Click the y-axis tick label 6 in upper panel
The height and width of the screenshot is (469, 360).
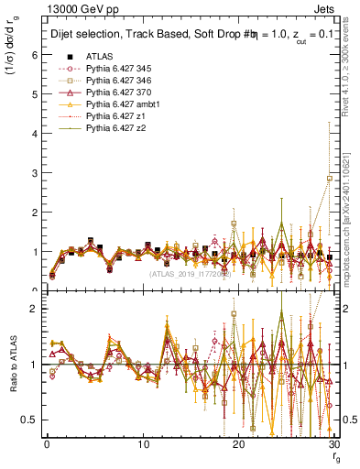(33, 55)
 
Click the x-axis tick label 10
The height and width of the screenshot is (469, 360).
(143, 445)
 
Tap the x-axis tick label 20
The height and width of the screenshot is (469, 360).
(239, 445)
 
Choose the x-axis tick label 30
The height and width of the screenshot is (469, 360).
(334, 445)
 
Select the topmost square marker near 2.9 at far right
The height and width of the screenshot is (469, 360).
(330, 178)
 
